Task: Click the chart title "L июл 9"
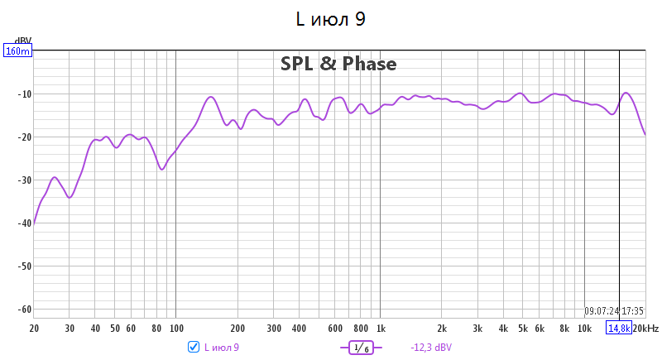(330, 19)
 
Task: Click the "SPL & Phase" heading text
(338, 64)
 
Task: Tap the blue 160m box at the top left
(17, 51)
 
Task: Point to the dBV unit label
(24, 41)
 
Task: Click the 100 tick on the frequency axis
(175, 329)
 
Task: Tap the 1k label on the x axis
(381, 329)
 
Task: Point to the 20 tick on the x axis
(34, 329)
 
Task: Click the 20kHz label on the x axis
(646, 329)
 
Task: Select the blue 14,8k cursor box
(618, 329)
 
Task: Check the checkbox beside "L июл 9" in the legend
(194, 347)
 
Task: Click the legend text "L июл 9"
(221, 348)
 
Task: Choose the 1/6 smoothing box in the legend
(362, 348)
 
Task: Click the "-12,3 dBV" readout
(431, 348)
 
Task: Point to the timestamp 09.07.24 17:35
(614, 311)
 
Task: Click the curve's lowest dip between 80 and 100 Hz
(162, 169)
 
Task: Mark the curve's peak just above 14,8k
(626, 93)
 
